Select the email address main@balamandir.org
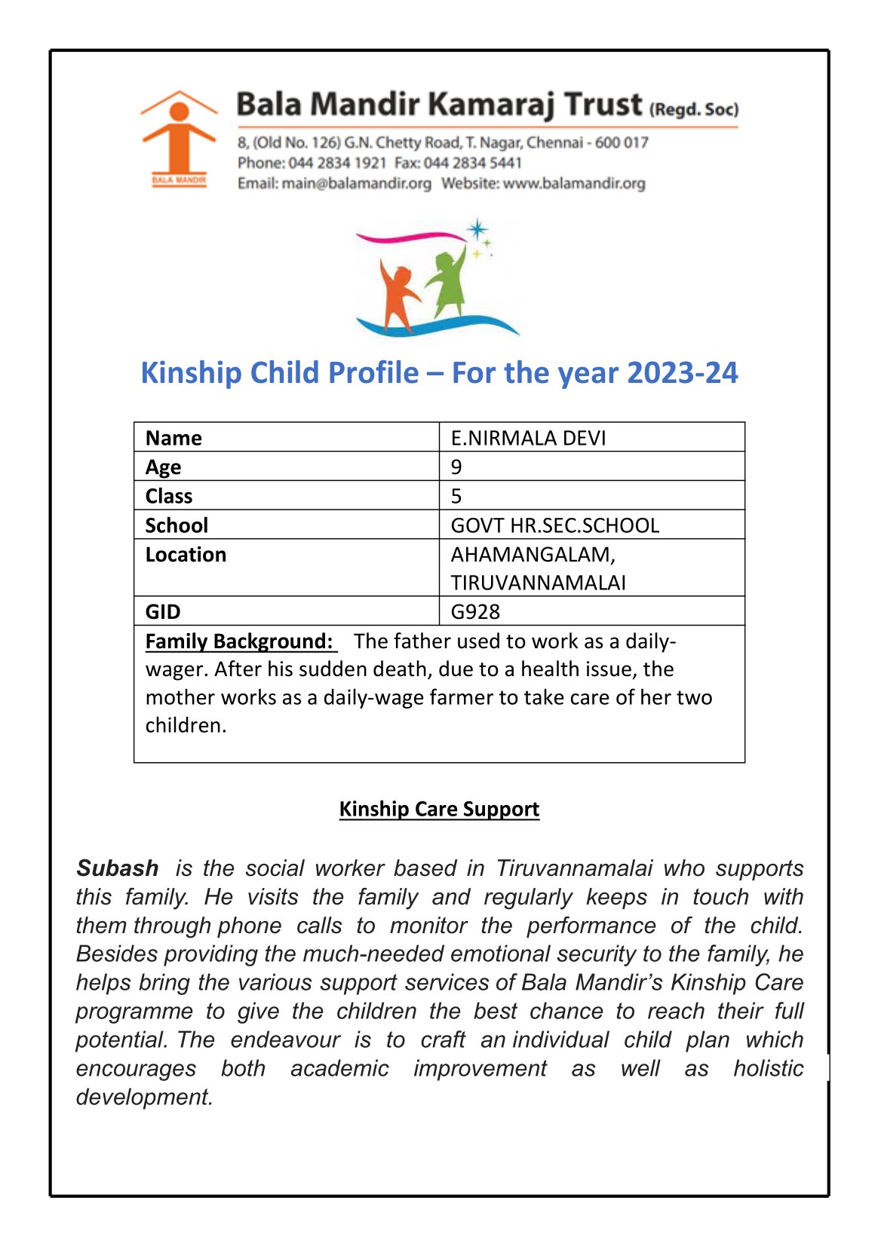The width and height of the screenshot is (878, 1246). coord(356,183)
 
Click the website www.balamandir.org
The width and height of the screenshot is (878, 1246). coord(574,183)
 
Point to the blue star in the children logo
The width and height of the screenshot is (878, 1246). coord(477,228)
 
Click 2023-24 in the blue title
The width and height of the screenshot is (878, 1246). coord(682,373)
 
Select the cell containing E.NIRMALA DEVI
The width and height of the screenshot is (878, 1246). coord(528,438)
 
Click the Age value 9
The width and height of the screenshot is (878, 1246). coord(456,467)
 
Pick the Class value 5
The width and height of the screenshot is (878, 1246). coord(456,496)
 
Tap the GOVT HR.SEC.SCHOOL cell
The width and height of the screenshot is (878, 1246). coord(554,525)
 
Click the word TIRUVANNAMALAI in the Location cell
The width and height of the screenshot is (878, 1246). coord(538,583)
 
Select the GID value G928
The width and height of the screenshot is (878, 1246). coord(475,611)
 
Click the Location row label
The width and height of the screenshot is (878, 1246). coord(186,555)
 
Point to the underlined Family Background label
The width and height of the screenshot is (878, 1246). coord(240,641)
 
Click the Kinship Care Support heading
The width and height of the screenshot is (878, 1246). coord(439,809)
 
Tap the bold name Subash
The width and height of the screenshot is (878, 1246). coord(118,868)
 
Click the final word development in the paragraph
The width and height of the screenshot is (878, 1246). coord(143,1097)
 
